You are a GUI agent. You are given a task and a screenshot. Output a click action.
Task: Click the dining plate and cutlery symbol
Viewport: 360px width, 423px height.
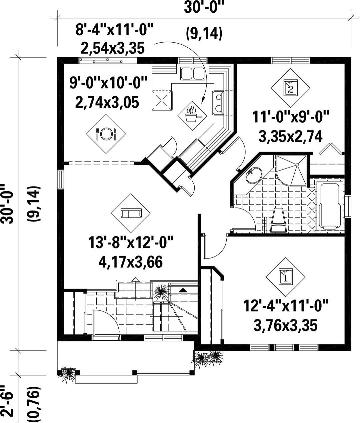[106, 134]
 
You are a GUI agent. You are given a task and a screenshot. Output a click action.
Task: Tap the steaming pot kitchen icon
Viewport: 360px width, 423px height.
[192, 116]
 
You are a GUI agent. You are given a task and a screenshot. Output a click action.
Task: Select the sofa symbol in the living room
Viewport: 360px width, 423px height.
[131, 213]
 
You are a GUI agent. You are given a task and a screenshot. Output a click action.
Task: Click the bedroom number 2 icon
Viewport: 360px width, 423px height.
[291, 88]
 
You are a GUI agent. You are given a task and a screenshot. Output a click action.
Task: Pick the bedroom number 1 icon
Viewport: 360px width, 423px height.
[286, 277]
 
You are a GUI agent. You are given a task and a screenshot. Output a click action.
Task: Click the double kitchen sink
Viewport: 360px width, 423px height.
[192, 74]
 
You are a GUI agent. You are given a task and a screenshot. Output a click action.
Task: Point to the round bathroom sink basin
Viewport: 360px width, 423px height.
[254, 176]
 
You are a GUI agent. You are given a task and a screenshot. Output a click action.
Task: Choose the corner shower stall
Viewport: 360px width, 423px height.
[291, 171]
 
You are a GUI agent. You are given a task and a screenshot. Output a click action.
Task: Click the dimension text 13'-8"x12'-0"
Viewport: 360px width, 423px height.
[131, 242]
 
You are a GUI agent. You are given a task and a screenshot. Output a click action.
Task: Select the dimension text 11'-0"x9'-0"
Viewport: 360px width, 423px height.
[291, 117]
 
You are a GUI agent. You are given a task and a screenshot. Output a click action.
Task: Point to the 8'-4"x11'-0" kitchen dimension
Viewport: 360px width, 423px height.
[114, 30]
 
